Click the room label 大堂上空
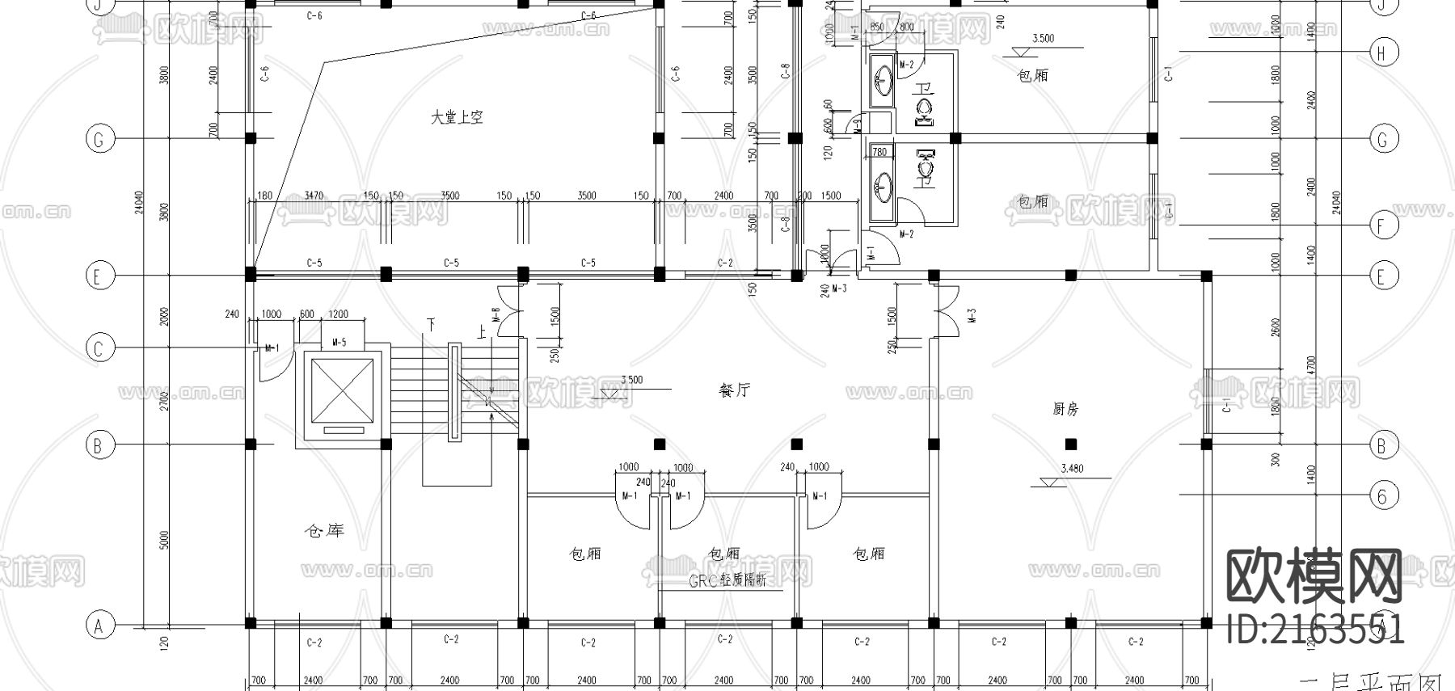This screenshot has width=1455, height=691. pos(457,118)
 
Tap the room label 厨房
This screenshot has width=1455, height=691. pos(1065,410)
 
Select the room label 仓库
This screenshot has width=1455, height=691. pos(323,531)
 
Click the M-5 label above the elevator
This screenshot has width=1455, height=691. pos(339,343)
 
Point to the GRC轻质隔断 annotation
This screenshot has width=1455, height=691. pos(727,580)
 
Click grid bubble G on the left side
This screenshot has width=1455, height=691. pos(99,139)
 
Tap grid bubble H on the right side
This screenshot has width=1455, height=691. pos(1382,53)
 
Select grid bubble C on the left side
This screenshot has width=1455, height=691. pos(99,348)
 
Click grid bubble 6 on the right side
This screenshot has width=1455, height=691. pos(1382,495)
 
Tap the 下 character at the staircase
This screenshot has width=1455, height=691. pos(432,325)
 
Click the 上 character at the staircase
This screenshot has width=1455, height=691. pos(482,331)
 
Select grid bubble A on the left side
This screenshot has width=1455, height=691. pos(99,625)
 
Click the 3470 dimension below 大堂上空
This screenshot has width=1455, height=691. pos(314,196)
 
